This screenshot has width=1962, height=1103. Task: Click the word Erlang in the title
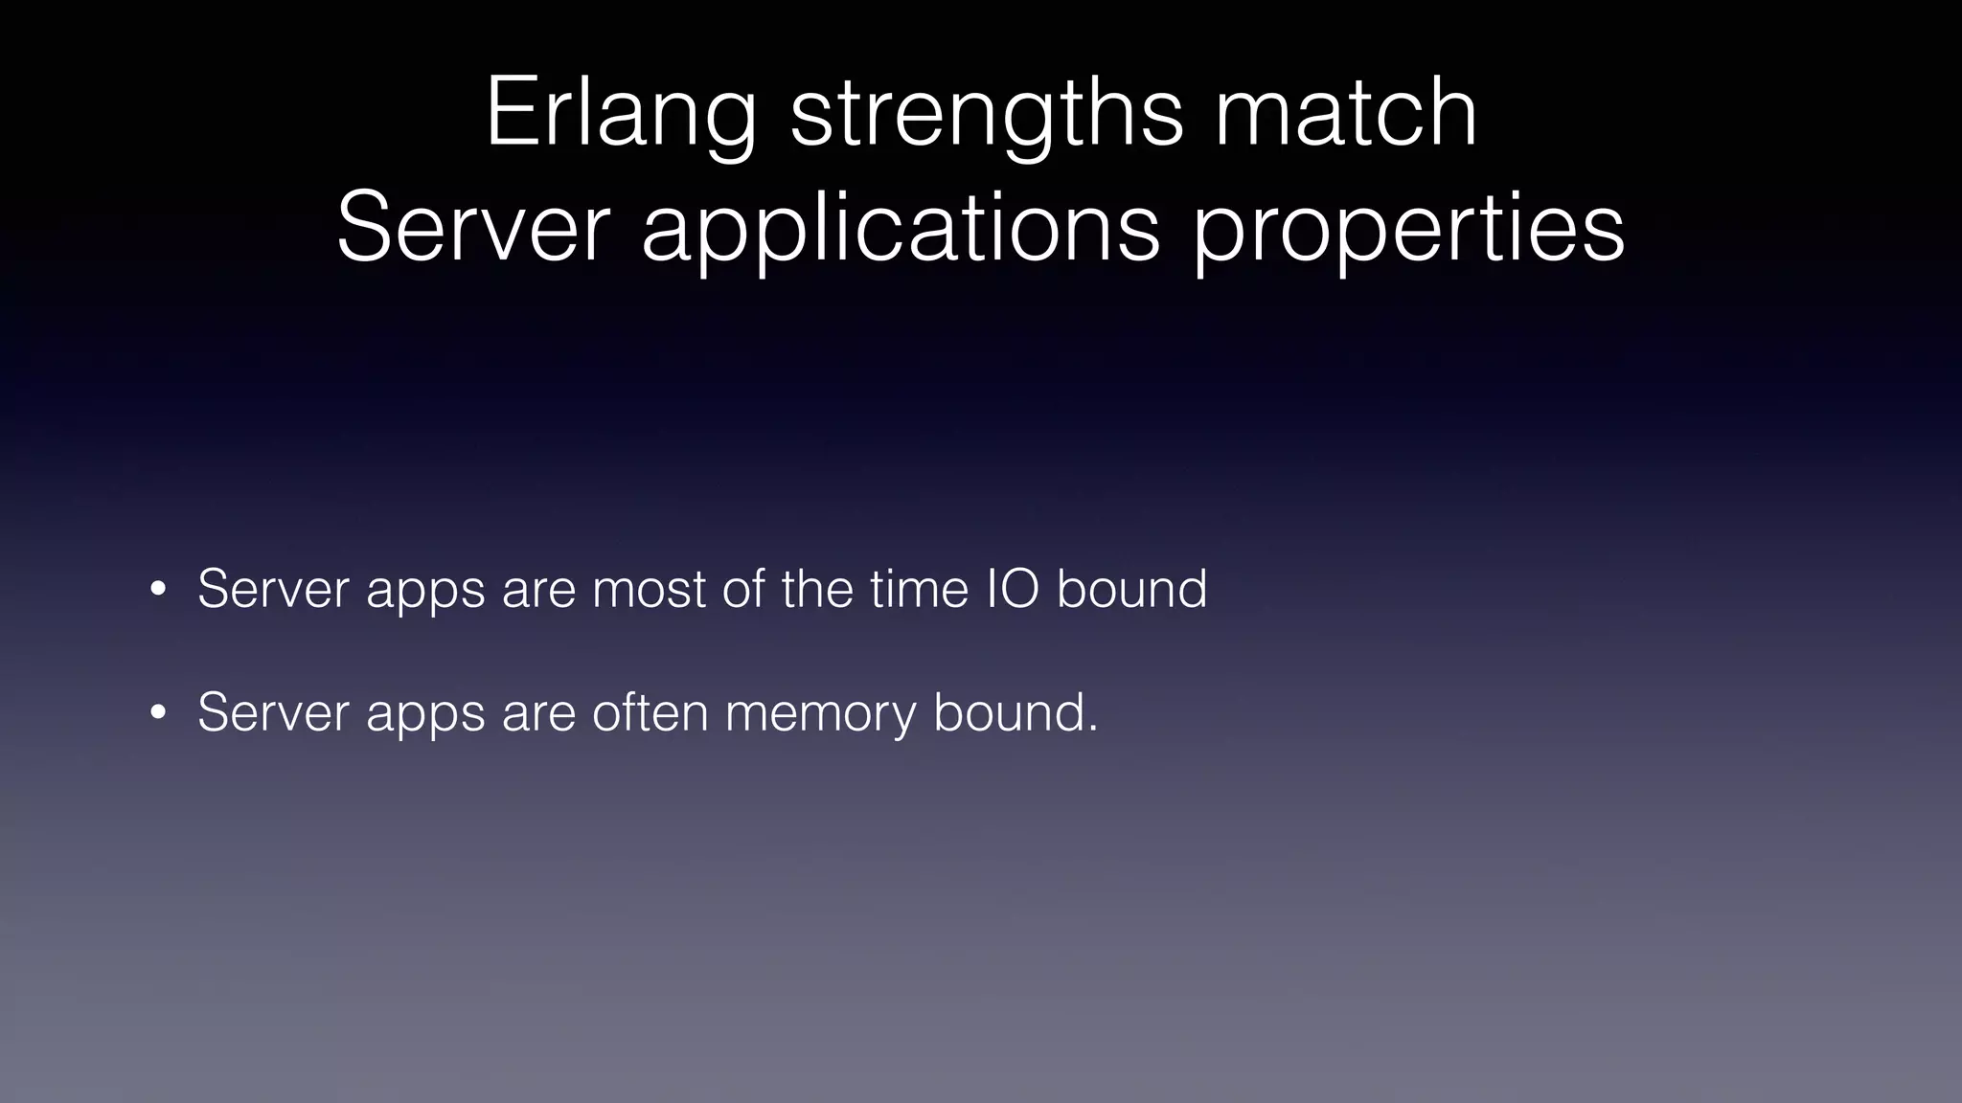click(621, 114)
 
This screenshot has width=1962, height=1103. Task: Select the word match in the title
click(1345, 114)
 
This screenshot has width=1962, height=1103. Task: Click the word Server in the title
click(473, 229)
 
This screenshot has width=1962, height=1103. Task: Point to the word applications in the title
click(901, 229)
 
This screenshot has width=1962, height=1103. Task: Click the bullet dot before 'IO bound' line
click(158, 590)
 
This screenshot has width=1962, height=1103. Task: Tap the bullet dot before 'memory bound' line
click(158, 714)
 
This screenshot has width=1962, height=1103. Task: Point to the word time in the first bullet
click(919, 589)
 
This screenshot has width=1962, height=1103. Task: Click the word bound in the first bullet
click(1131, 589)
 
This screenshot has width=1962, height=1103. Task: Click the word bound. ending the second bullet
click(1015, 713)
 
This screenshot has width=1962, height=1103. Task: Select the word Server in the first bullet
click(273, 589)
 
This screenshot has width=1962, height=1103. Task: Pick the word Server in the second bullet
click(273, 713)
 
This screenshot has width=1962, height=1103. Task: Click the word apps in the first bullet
click(425, 591)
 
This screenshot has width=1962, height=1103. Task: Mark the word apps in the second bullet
click(425, 715)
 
